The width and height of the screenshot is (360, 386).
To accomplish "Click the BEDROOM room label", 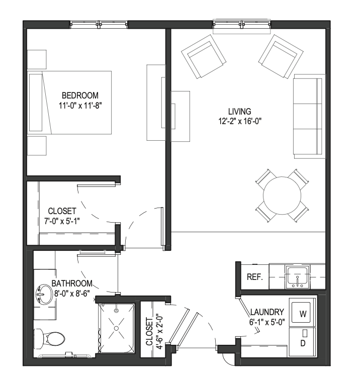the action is click(80, 95).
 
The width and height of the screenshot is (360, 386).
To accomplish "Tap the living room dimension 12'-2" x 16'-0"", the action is click(240, 121).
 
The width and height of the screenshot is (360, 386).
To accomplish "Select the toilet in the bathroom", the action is click(49, 338).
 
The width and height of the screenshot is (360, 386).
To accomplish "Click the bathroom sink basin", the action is click(45, 295).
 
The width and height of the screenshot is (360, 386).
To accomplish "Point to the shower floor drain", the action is click(117, 328).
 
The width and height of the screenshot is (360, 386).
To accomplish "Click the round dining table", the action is click(282, 196).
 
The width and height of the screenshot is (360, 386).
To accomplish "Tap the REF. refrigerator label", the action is click(255, 277).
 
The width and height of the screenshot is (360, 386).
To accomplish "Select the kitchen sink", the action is click(298, 276).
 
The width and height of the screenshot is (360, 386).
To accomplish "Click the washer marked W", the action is click(302, 312).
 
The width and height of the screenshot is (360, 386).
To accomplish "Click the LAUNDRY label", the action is click(267, 312).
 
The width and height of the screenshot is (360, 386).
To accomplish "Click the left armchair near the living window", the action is click(204, 56).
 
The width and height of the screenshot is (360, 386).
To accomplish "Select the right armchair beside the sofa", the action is click(281, 56).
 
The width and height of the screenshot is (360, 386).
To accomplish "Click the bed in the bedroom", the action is click(69, 103).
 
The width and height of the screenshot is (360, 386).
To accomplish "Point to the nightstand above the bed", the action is click(37, 59).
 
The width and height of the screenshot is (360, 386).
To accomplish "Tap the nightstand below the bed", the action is click(37, 146).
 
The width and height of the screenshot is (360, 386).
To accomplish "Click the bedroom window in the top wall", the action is click(99, 24).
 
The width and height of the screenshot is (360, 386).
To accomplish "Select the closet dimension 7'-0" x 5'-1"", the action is click(62, 221).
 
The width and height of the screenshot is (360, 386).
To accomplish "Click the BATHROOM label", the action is click(72, 283).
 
